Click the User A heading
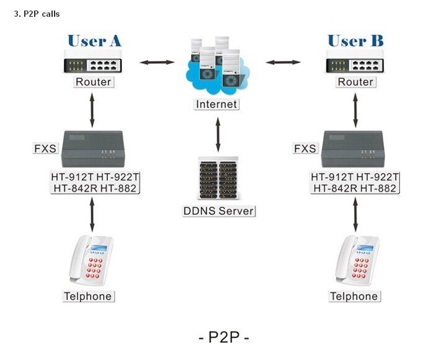(x=94, y=41)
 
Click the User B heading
(x=355, y=41)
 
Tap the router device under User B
(x=355, y=63)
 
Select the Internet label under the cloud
(x=216, y=104)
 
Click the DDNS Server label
(x=219, y=210)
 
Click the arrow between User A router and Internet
(x=156, y=62)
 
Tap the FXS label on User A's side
(x=45, y=148)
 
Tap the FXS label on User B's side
(x=305, y=148)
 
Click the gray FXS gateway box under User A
(x=94, y=148)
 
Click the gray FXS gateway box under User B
(x=355, y=148)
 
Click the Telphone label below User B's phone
(x=353, y=296)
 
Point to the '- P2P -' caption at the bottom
(x=223, y=338)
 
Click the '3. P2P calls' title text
(x=37, y=14)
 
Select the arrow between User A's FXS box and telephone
(x=93, y=214)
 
